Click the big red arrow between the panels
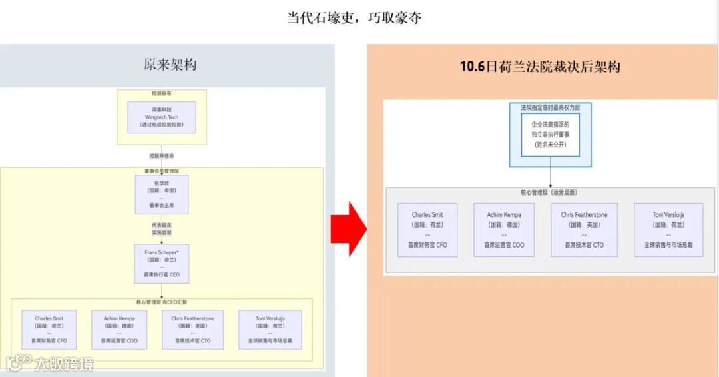(348, 228)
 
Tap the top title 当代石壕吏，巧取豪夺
(354, 18)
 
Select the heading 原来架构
(170, 65)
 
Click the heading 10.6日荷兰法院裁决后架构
(540, 67)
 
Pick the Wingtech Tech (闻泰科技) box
(162, 117)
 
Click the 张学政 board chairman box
(162, 194)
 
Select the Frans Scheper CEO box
(162, 263)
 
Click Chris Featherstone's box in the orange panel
(584, 230)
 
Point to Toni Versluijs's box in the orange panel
(668, 230)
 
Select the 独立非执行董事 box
(550, 135)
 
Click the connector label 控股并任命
(162, 156)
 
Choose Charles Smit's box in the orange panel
(427, 230)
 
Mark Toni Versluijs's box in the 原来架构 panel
(270, 330)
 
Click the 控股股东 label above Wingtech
(161, 94)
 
